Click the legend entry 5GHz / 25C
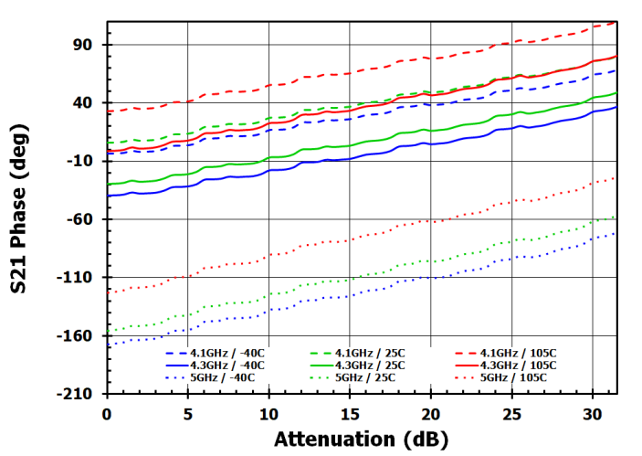[365, 377]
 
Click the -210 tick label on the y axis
[77, 394]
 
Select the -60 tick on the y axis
[80, 219]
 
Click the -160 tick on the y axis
[77, 335]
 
